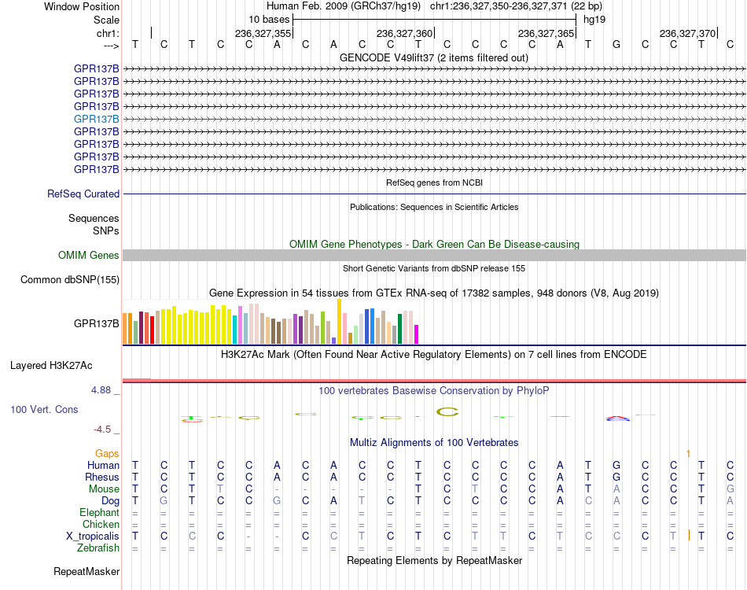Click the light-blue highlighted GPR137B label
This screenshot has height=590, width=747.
tap(96, 119)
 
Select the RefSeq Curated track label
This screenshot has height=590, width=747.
tap(83, 194)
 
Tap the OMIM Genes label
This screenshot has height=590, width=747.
tap(89, 256)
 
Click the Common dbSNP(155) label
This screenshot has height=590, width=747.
tap(70, 280)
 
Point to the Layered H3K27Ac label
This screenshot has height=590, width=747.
tap(51, 366)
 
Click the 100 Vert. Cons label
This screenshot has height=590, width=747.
tap(44, 409)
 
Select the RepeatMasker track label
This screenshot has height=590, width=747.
tap(86, 571)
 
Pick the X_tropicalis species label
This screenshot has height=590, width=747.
tap(93, 537)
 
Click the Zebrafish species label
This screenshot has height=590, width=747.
tap(98, 548)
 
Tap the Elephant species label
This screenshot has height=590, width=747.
tap(100, 513)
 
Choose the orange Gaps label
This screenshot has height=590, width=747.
tap(107, 454)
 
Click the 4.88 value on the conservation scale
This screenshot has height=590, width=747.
tap(101, 390)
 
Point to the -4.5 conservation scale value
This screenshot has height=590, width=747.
tap(102, 430)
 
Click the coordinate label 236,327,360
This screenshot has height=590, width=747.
tap(404, 33)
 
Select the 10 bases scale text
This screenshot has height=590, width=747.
tap(269, 20)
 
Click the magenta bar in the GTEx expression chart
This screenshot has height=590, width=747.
tap(417, 334)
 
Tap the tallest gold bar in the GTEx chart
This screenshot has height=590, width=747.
tap(339, 322)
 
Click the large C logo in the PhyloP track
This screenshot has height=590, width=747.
tap(447, 411)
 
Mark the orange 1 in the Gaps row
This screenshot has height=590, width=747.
tap(688, 454)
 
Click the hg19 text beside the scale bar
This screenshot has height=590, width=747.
tap(594, 20)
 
